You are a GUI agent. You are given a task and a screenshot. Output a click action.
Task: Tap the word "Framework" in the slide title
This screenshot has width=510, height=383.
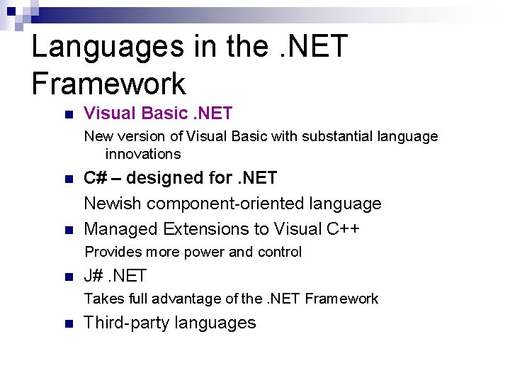click(108, 84)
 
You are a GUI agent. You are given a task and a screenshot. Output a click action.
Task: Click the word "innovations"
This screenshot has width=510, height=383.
click(143, 154)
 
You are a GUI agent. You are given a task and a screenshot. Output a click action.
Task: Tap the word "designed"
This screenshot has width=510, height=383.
click(161, 178)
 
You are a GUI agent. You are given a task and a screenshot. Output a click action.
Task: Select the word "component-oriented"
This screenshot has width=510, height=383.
click(231, 204)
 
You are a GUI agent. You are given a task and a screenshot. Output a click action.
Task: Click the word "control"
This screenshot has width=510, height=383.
click(279, 252)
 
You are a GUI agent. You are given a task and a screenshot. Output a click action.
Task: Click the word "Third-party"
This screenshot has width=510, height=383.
click(123, 323)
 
